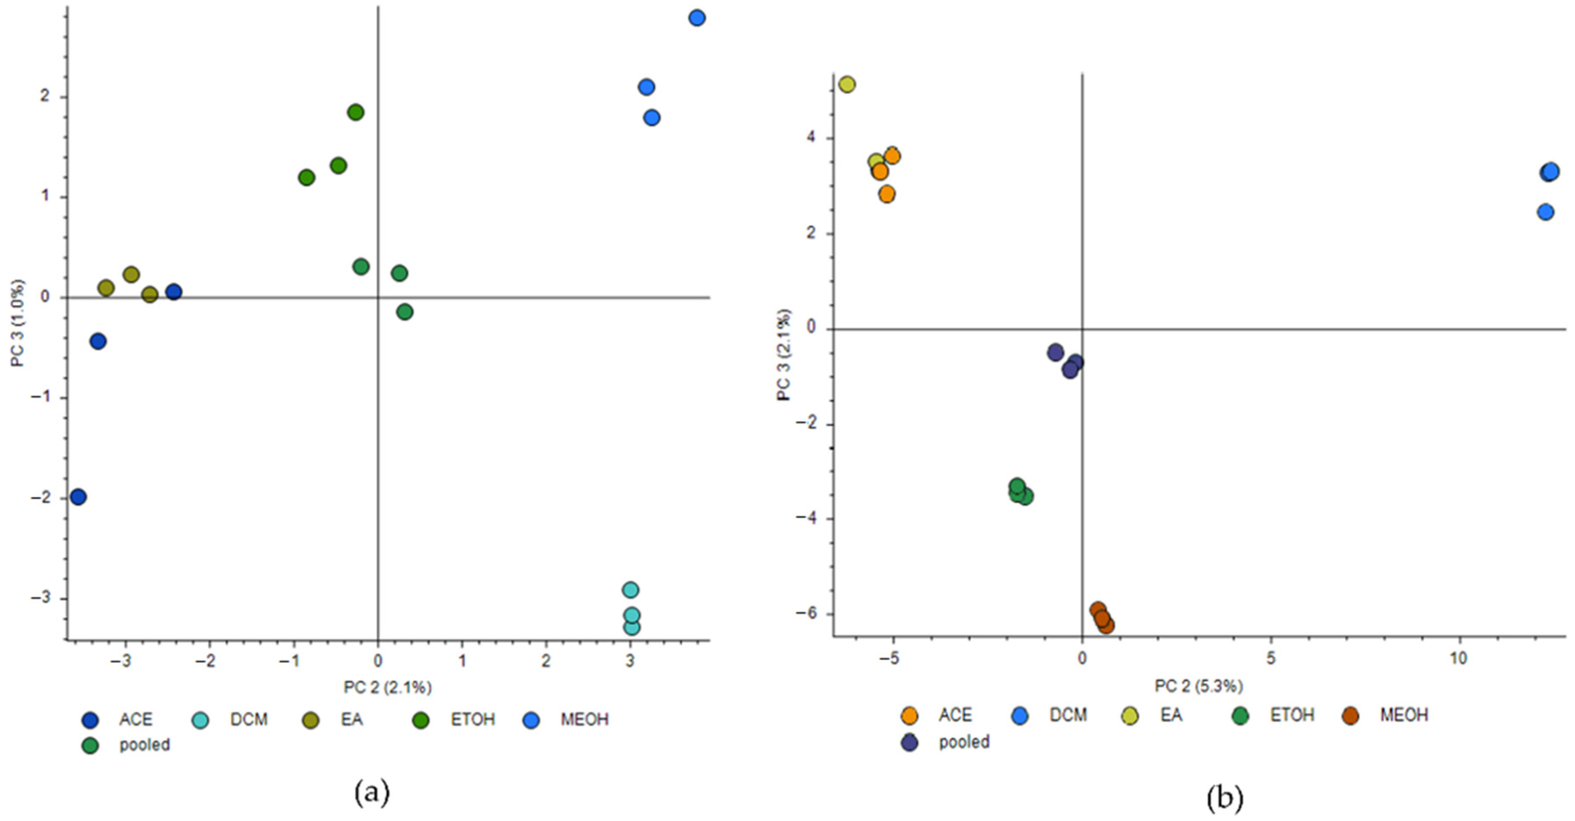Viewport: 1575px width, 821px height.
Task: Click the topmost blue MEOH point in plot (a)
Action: click(696, 18)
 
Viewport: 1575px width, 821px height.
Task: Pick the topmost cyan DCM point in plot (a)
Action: click(631, 590)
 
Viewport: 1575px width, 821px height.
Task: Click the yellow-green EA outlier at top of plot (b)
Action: click(847, 84)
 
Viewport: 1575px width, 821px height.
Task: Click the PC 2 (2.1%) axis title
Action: click(388, 688)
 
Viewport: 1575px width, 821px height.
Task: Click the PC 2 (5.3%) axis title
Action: click(1198, 686)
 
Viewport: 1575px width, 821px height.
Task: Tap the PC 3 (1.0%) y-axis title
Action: click(18, 323)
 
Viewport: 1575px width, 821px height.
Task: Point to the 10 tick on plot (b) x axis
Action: click(1459, 658)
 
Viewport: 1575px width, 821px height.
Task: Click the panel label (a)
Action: click(372, 793)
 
